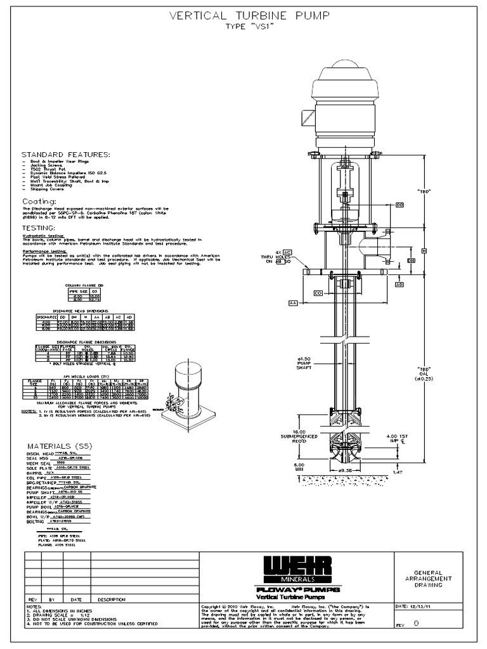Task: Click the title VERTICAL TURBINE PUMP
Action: (x=249, y=15)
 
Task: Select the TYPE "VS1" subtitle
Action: (x=249, y=28)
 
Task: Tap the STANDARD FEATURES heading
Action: (x=66, y=155)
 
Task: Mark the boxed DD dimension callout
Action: (x=399, y=205)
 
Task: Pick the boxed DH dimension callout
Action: (x=411, y=260)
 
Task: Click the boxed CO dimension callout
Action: (x=319, y=293)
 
